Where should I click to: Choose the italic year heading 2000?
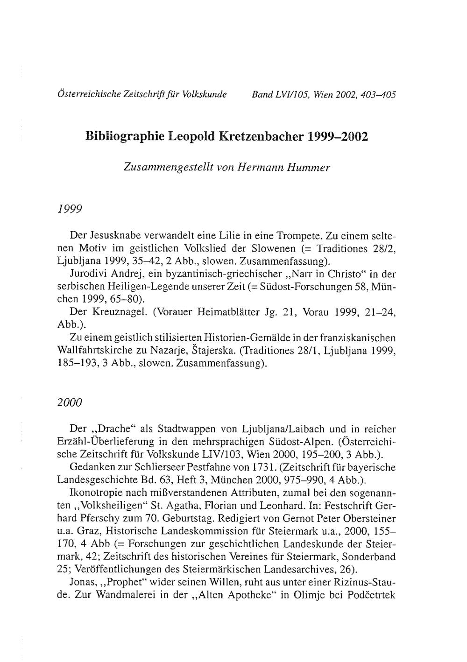(70, 402)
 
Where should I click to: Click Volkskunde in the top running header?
(207, 95)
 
